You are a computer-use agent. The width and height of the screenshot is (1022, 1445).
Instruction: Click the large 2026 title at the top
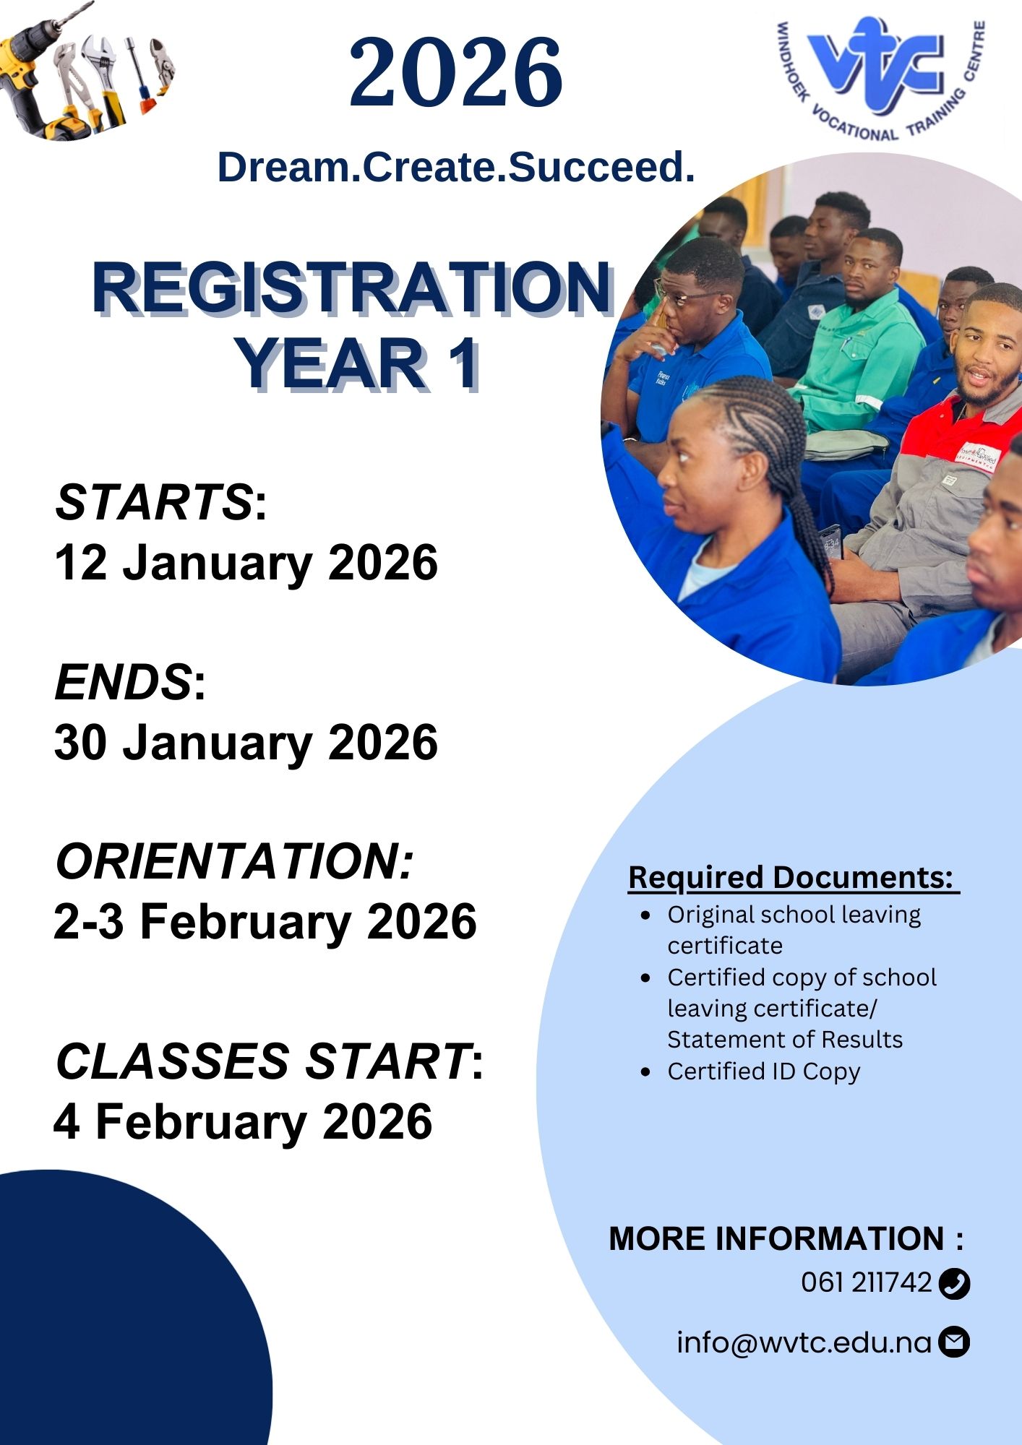coord(456,73)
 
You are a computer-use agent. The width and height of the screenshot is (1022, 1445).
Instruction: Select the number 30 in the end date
coord(81,742)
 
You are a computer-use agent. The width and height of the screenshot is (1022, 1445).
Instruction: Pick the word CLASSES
coord(172,1061)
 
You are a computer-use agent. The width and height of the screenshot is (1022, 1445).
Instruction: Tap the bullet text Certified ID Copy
coord(764,1071)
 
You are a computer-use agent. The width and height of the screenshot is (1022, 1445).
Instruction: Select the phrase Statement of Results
coord(785,1040)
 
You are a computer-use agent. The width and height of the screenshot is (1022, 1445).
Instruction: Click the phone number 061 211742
coord(867,1282)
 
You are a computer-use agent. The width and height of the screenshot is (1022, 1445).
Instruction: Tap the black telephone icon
coord(954,1284)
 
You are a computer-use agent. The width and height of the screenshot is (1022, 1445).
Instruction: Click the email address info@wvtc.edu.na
coord(804,1342)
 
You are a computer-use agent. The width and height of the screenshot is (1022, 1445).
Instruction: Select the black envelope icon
coord(954,1342)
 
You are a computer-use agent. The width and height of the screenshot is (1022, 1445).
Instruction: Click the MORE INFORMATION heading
coord(786,1238)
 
